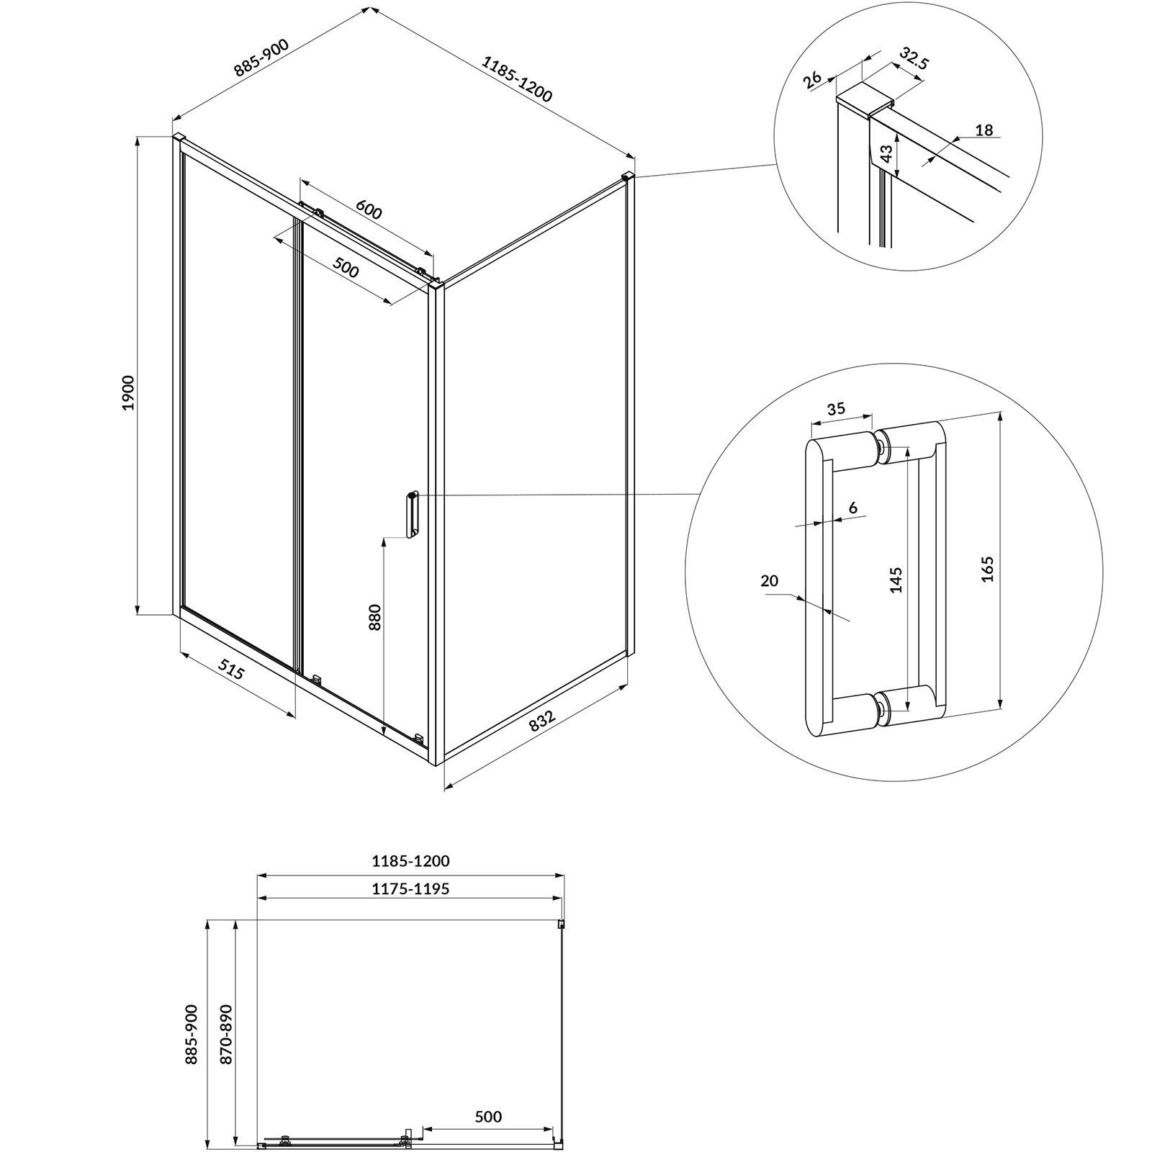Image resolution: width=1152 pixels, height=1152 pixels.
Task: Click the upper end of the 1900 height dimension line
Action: pos(137,135)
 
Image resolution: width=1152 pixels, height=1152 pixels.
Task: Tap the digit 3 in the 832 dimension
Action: pos(544,719)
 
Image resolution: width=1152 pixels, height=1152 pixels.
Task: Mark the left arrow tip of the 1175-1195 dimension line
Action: pos(258,898)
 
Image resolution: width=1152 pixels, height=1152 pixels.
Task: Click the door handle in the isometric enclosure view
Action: pos(411,515)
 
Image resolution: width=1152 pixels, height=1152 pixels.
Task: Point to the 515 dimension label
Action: pos(232,672)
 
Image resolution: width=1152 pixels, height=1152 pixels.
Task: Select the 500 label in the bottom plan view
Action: pos(488,1117)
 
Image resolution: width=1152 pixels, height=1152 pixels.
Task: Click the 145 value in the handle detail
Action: pos(896,580)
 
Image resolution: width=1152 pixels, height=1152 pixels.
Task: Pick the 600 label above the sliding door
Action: pos(368,211)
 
